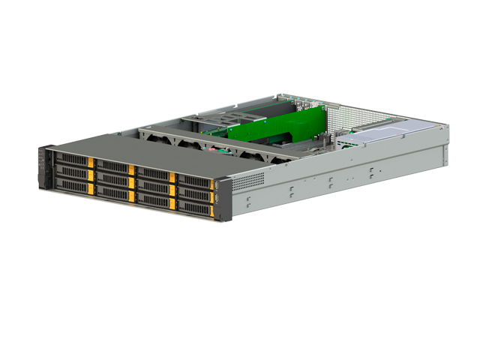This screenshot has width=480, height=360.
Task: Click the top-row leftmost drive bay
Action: [x=71, y=161]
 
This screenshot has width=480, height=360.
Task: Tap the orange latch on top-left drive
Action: [x=91, y=164]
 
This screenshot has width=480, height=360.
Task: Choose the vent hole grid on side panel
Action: [x=247, y=180]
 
